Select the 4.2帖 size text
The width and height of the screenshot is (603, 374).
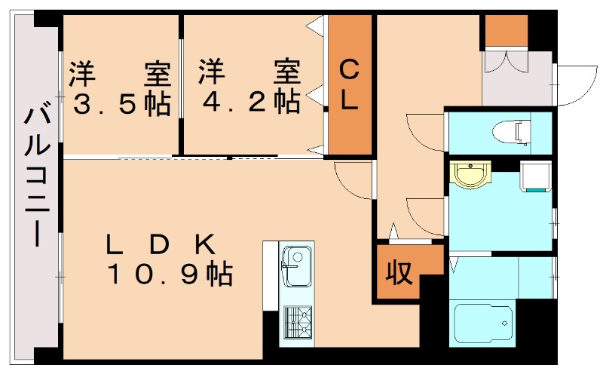(x=249, y=102)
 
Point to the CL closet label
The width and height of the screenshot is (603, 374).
(x=348, y=86)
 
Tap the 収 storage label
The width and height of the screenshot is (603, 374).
(x=399, y=272)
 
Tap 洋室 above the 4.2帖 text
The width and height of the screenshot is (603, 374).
(x=249, y=73)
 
